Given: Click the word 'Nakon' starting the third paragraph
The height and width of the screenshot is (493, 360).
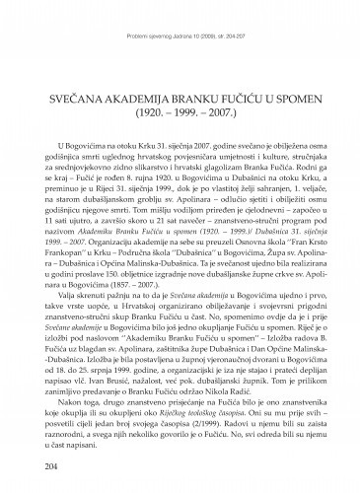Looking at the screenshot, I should point(56,399).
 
